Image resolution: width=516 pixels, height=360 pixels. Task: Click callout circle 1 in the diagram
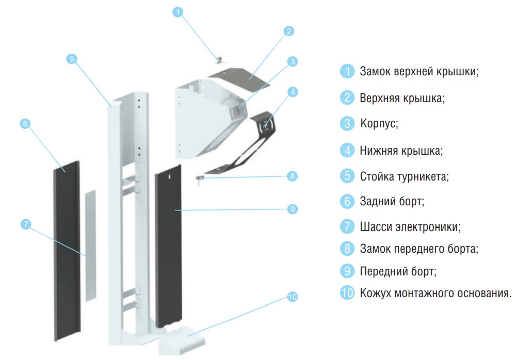click(178, 12)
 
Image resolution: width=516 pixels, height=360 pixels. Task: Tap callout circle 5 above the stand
click(71, 59)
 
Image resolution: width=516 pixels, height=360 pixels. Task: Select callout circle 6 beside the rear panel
click(25, 124)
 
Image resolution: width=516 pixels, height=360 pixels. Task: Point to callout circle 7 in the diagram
click(26, 224)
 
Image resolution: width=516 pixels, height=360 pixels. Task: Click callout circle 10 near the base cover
click(293, 297)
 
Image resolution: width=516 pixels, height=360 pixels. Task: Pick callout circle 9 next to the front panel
click(293, 209)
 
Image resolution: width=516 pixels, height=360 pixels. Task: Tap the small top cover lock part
click(219, 60)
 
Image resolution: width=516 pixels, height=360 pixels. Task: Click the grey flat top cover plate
click(239, 78)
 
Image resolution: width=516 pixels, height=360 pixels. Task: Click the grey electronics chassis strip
click(90, 246)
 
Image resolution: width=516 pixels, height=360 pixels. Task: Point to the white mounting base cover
click(182, 341)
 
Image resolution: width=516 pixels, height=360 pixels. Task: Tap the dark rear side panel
click(67, 251)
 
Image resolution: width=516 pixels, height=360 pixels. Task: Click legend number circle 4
click(347, 151)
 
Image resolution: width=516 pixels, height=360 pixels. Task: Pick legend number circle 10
click(347, 292)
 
